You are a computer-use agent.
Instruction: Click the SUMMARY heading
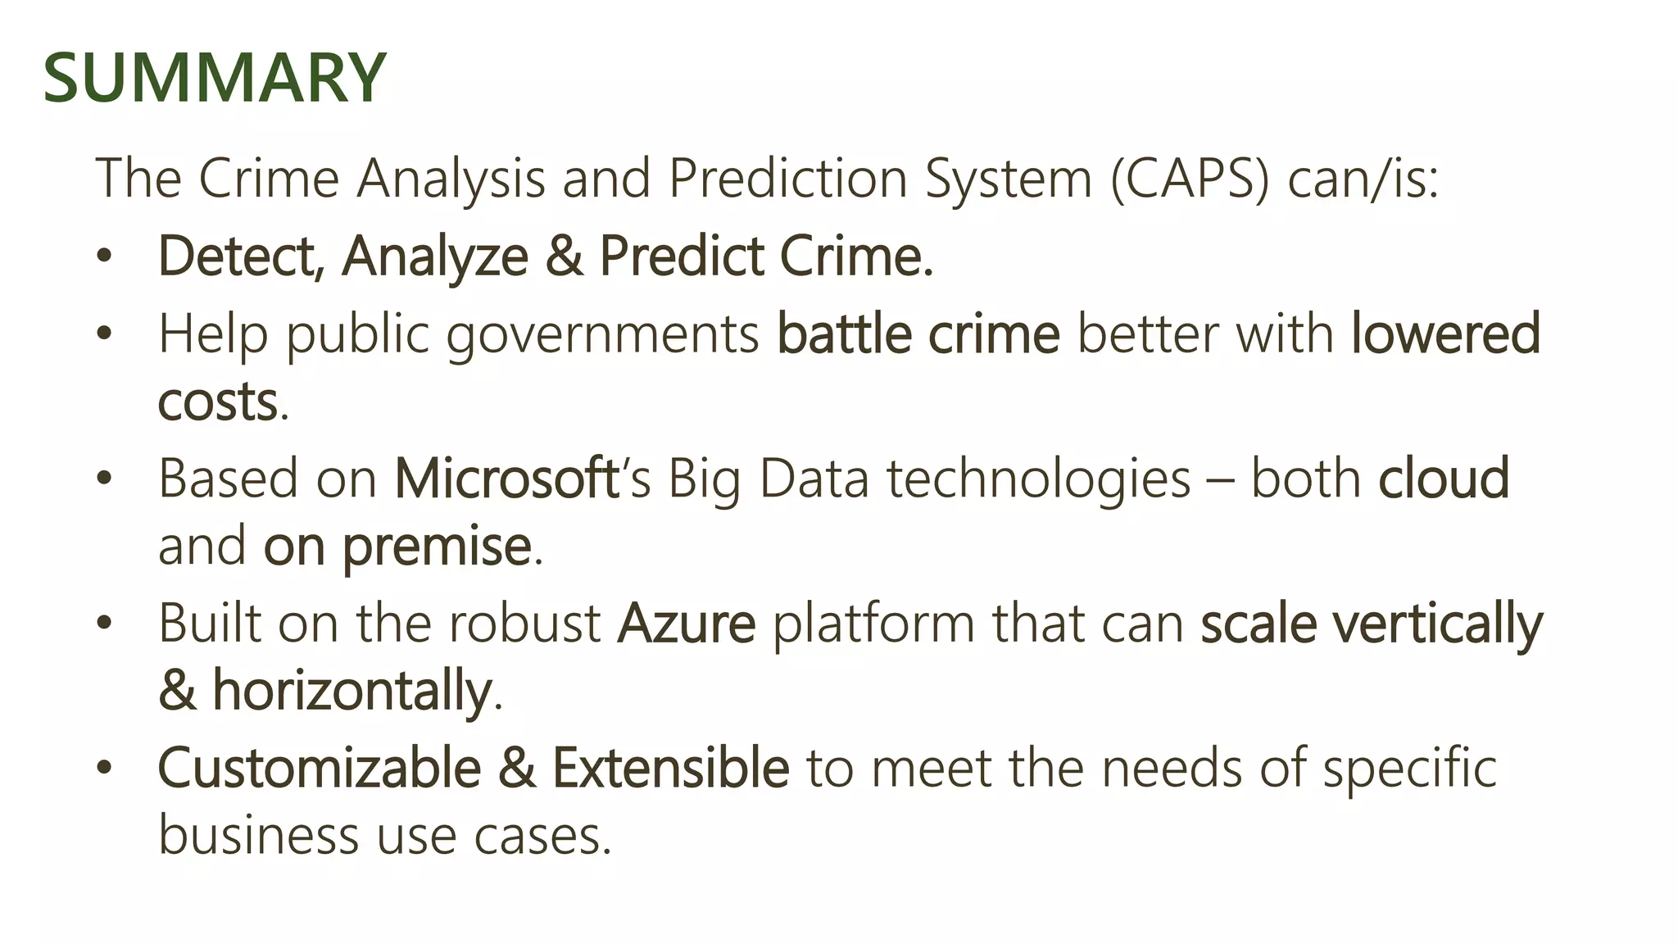tap(214, 78)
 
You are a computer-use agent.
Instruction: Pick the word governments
tap(603, 336)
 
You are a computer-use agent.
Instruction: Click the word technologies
tap(1038, 479)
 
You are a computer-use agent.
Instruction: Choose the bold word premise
tap(437, 547)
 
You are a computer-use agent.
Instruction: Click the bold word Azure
tap(686, 624)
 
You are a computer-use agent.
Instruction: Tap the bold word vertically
tap(1438, 625)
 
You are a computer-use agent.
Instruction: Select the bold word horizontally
tap(351, 691)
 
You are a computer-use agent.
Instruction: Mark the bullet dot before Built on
tap(103, 624)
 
